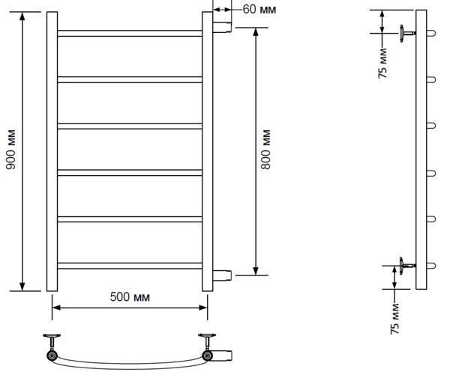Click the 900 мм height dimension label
[x=10, y=150]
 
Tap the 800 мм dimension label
[x=265, y=150]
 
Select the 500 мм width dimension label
[x=130, y=296]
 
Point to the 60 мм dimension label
[x=259, y=9]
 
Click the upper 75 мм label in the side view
[x=382, y=64]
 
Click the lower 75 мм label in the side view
[x=394, y=319]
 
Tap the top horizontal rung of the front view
[x=130, y=33]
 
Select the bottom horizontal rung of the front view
[x=130, y=266]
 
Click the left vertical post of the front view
[x=52, y=151]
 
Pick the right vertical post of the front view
[x=208, y=151]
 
